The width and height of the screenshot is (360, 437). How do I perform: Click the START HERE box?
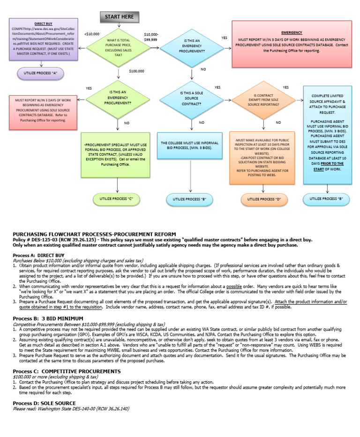click(x=119, y=17)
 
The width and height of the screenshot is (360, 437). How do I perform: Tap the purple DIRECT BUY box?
click(x=43, y=40)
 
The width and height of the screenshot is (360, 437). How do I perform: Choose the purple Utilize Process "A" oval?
click(x=40, y=74)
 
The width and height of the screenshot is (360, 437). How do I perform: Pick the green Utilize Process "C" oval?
click(x=117, y=199)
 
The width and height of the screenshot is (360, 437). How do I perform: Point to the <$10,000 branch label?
click(x=92, y=34)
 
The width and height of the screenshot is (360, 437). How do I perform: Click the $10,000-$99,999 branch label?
click(x=151, y=37)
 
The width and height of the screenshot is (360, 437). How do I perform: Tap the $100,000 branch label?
click(x=136, y=71)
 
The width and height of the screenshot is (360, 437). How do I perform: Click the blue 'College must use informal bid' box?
click(x=190, y=145)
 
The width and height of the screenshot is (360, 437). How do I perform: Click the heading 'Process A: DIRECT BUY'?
click(x=37, y=255)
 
